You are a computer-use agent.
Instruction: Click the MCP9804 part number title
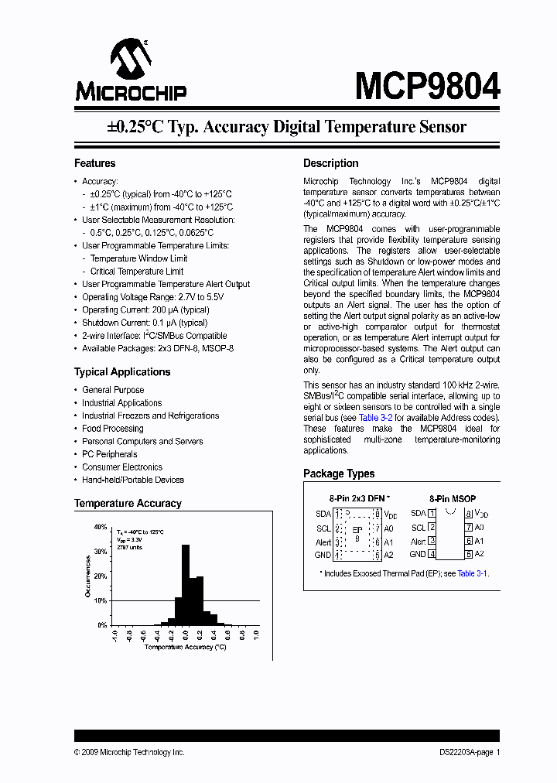click(427, 86)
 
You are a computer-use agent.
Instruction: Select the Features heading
click(94, 163)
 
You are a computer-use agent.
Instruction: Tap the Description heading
click(330, 163)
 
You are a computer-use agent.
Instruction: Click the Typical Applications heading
click(122, 371)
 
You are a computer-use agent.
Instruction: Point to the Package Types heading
click(339, 474)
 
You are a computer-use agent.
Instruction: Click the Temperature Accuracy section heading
click(128, 503)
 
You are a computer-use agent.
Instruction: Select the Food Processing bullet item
click(113, 429)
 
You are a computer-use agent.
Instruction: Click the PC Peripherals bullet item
click(110, 454)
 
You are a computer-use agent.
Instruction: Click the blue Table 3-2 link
click(376, 417)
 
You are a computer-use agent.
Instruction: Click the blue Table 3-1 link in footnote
click(472, 573)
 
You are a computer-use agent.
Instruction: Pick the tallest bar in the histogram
click(186, 584)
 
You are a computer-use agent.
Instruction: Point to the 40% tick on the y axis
click(101, 526)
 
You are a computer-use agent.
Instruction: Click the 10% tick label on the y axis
click(101, 600)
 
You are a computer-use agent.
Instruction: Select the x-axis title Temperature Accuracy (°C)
click(186, 647)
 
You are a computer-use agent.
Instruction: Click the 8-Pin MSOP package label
click(453, 499)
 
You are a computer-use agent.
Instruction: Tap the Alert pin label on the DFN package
click(323, 542)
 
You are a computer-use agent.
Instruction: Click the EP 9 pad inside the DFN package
click(357, 533)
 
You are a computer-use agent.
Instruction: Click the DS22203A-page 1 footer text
click(464, 752)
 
